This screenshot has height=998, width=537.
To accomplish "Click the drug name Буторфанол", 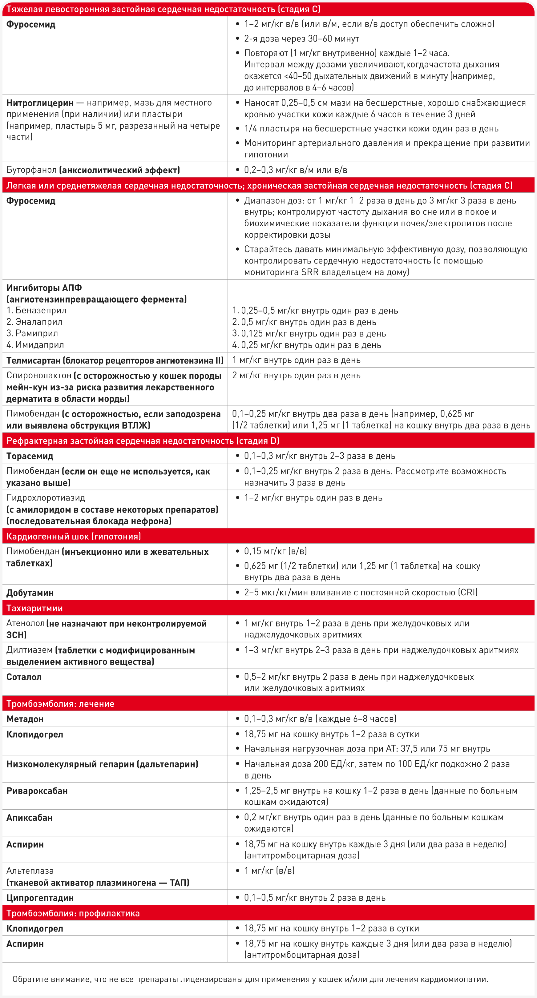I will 32,170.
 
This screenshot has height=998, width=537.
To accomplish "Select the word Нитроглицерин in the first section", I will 40,103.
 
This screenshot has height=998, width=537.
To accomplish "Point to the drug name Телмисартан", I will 33,361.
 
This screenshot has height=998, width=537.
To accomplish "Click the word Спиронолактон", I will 39,376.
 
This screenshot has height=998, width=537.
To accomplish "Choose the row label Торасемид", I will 30,457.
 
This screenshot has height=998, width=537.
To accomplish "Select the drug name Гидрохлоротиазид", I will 46,498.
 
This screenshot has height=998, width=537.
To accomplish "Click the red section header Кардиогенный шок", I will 74,537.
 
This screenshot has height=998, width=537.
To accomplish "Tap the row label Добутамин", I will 30,593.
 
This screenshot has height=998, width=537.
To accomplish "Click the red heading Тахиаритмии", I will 34,609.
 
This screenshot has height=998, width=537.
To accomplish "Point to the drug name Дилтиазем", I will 30,650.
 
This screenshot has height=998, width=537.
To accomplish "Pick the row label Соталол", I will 24,677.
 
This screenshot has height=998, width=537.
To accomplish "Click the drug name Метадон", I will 25,719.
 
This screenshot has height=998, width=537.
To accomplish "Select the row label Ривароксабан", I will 37,791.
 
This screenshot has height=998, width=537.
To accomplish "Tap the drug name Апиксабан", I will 30,818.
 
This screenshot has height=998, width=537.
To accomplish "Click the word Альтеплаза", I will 30,871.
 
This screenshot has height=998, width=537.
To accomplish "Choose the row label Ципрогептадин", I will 40,898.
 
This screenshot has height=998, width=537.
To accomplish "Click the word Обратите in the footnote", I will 28,980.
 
